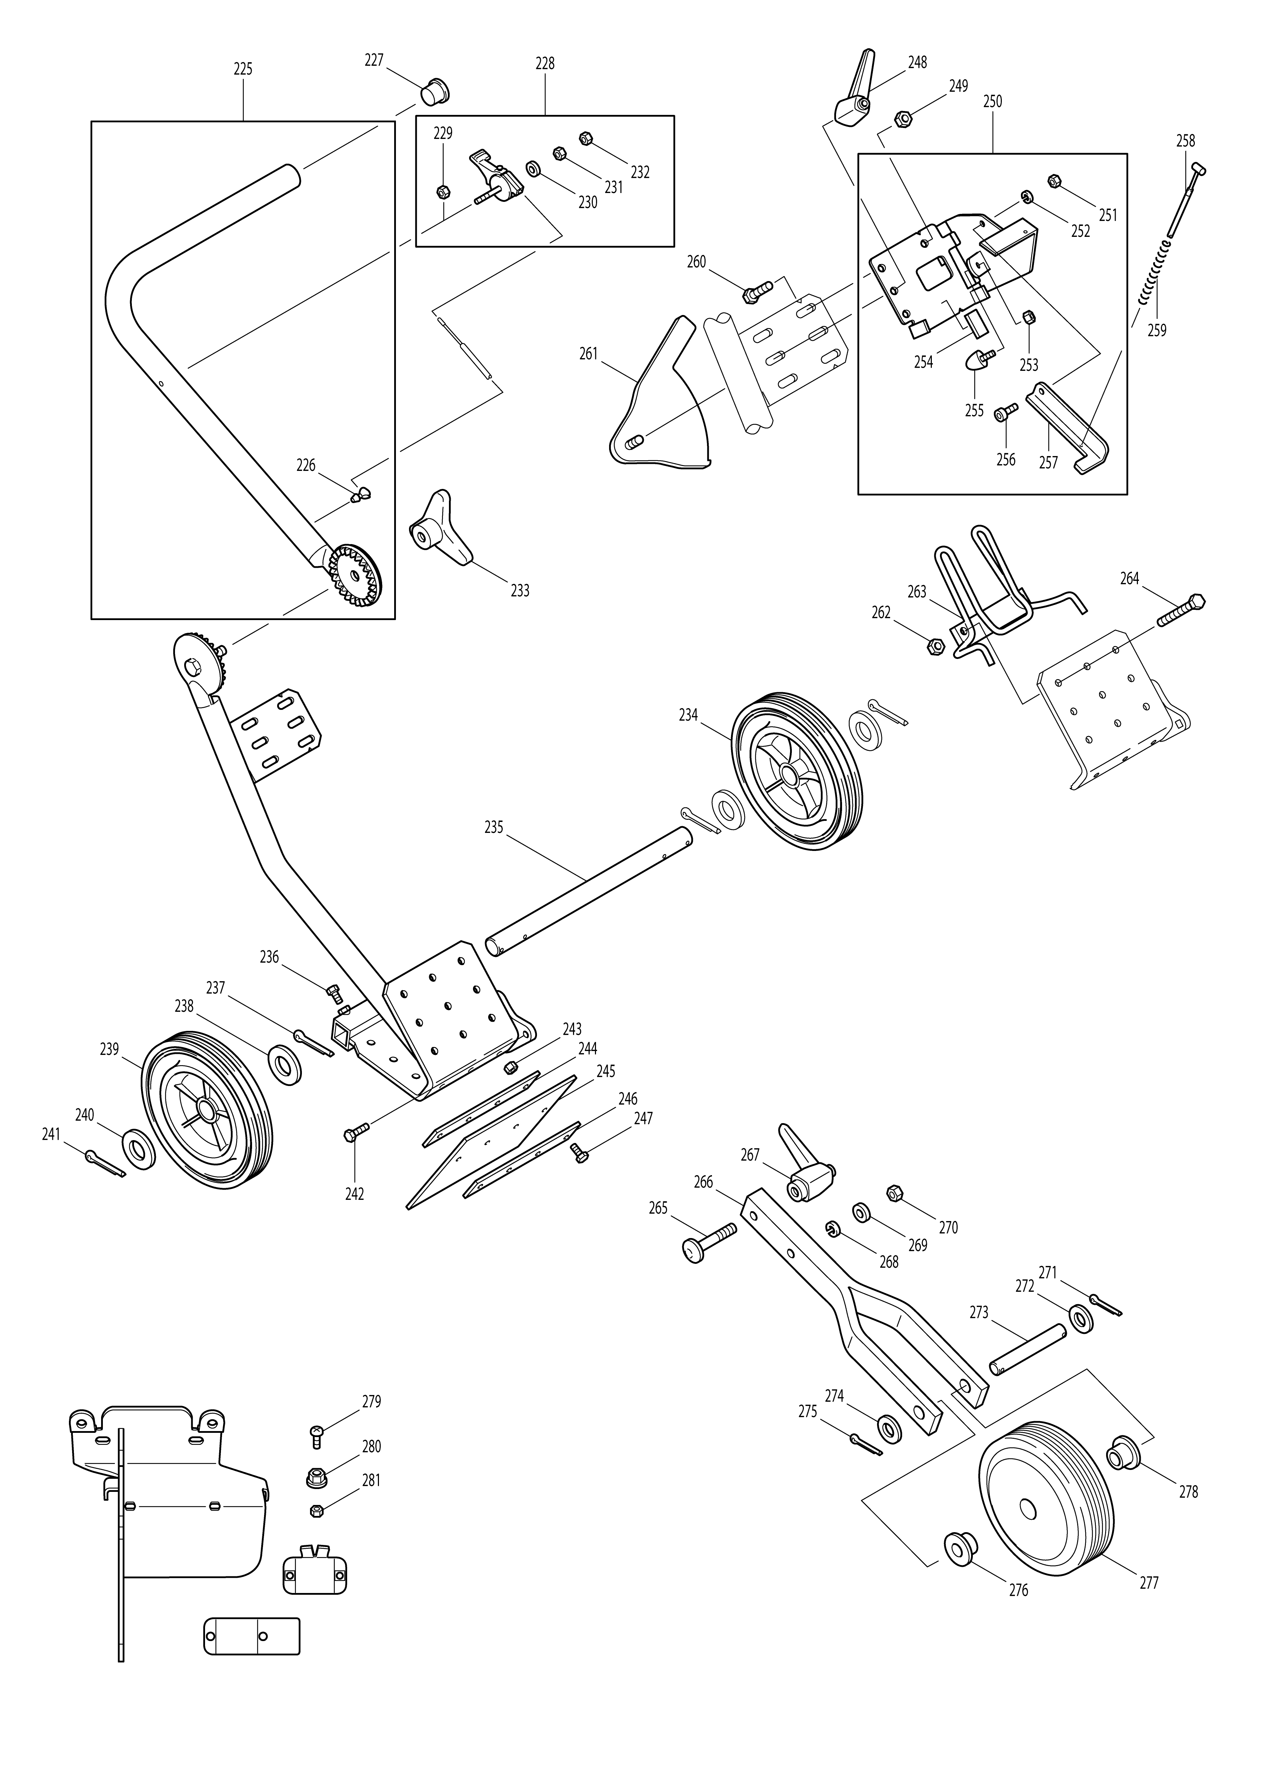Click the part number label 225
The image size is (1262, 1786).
coord(243,69)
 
